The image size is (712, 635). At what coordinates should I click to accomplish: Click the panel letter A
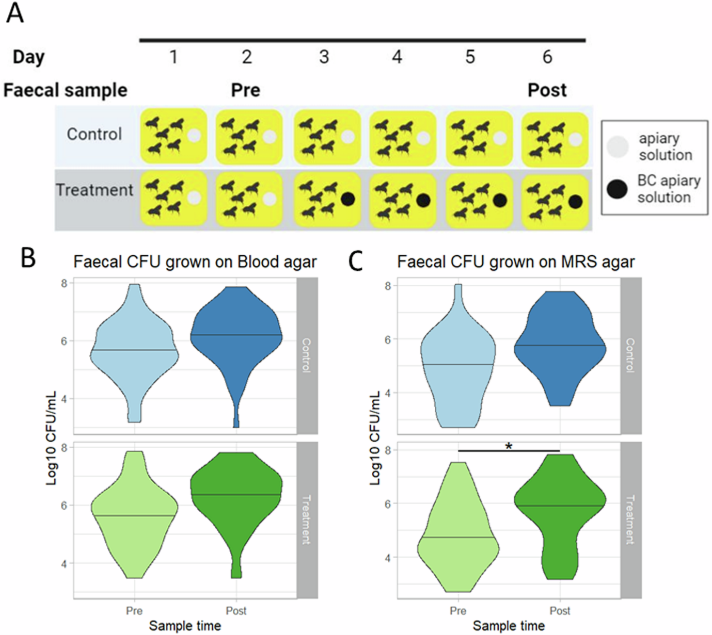click(15, 13)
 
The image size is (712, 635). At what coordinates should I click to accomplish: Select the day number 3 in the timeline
click(324, 57)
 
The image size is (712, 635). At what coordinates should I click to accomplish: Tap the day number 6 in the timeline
click(547, 57)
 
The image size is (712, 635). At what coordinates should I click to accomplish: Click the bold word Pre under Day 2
click(245, 90)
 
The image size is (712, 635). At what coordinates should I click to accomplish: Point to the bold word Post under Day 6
click(547, 90)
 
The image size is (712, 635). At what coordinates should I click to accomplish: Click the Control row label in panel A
click(94, 134)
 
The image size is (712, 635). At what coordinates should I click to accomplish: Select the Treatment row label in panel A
click(94, 190)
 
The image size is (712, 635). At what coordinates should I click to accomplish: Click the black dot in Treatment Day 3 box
click(348, 199)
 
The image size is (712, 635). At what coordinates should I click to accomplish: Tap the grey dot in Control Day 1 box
click(194, 136)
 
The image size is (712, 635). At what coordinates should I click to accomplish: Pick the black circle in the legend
click(617, 189)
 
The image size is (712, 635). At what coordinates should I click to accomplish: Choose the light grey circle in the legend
click(618, 146)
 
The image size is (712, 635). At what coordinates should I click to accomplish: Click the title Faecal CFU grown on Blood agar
click(195, 262)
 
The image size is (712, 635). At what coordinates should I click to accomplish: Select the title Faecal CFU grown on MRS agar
click(515, 262)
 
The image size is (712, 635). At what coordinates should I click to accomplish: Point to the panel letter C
click(356, 261)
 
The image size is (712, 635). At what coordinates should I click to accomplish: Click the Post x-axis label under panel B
click(236, 611)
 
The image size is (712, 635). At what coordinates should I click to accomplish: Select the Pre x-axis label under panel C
click(458, 611)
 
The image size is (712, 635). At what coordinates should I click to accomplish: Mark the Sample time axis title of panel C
click(509, 626)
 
